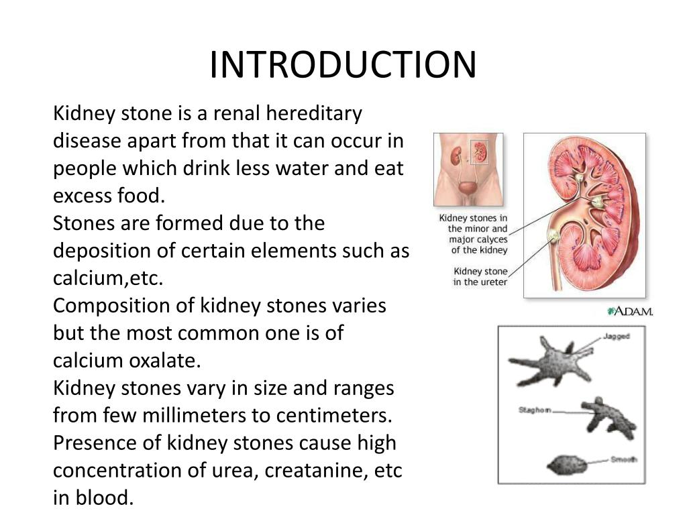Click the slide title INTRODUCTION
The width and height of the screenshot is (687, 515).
[342, 65]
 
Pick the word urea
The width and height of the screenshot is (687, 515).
[235, 470]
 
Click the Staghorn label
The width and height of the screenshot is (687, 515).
[535, 409]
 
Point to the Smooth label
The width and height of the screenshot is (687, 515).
[623, 459]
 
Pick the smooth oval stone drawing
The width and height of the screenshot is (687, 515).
[568, 464]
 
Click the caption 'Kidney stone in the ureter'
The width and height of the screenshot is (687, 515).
[480, 277]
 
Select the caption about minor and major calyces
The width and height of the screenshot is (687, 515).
[474, 234]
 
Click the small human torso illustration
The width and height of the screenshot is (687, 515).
[468, 169]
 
